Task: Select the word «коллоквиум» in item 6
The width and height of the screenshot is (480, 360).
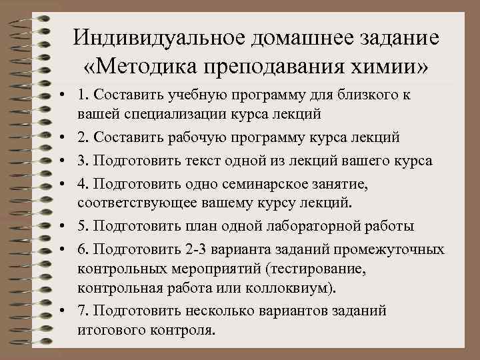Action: (x=292, y=289)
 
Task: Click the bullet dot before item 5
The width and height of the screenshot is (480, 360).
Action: (x=61, y=226)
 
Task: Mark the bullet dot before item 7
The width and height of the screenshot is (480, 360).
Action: (x=61, y=311)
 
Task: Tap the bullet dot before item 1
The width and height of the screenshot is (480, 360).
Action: (x=61, y=95)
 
